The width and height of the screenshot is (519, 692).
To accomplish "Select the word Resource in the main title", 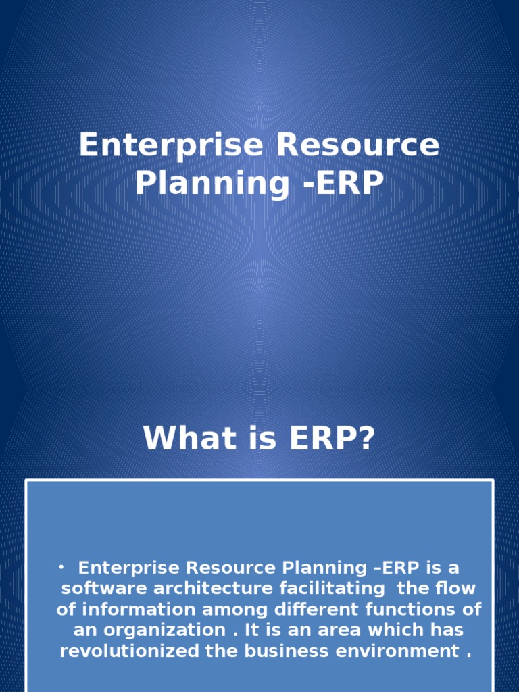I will [x=353, y=147].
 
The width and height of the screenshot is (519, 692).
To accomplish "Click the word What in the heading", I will [x=178, y=439].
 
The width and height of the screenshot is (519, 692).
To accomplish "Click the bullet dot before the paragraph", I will [x=60, y=566].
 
